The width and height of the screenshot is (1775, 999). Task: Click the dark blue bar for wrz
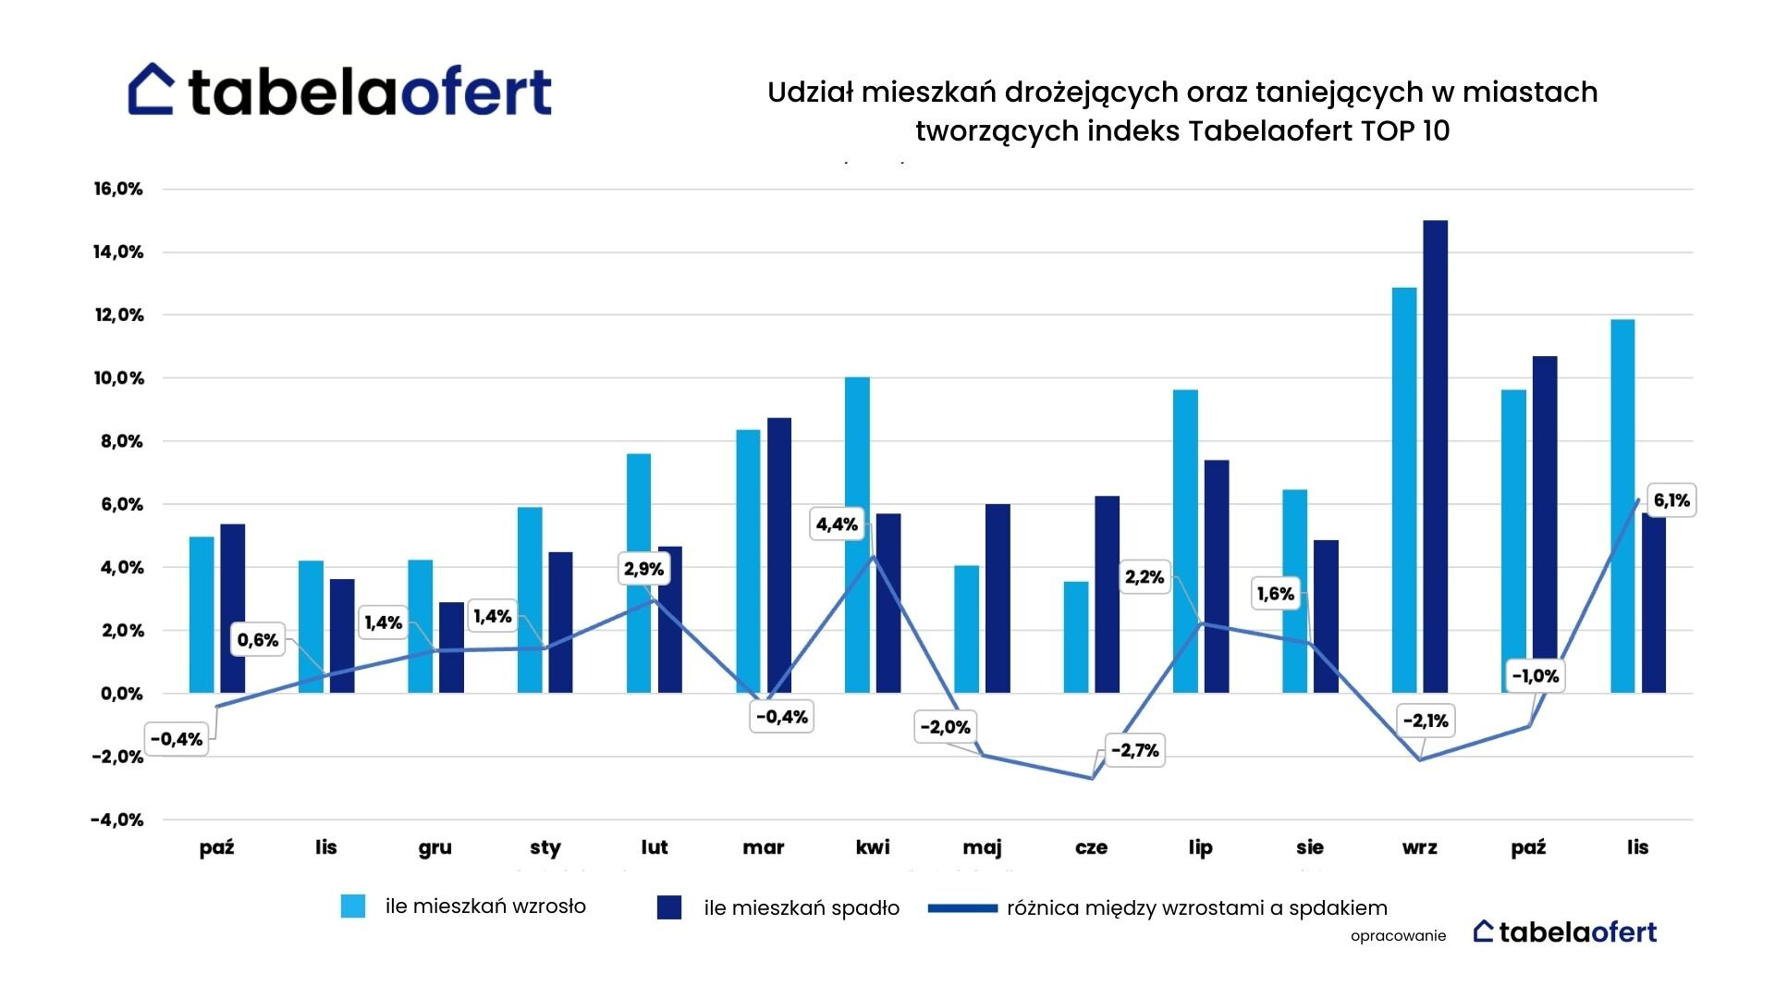[x=1436, y=457]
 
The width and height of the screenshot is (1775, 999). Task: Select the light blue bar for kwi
[x=857, y=536]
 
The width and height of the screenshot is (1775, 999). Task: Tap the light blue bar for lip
[x=1185, y=541]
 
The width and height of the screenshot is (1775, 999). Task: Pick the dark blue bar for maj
[x=998, y=598]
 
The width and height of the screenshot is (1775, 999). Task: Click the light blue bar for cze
[x=1076, y=637]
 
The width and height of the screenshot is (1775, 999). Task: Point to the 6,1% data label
[x=1671, y=500]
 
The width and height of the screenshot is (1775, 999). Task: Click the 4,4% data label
[x=837, y=524]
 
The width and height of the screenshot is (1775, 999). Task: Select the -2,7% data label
[x=1134, y=750]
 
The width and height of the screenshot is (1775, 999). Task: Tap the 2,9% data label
[x=643, y=569]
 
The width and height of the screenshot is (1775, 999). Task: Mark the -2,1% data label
[x=1426, y=721]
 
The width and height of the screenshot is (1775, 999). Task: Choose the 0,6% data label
[x=258, y=640]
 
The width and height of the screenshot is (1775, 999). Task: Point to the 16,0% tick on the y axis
[x=118, y=189]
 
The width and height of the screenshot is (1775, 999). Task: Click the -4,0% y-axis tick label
[x=117, y=820]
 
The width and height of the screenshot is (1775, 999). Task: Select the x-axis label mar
[x=764, y=847]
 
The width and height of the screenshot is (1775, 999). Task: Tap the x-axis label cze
[x=1092, y=847]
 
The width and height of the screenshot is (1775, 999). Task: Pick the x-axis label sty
[x=545, y=848]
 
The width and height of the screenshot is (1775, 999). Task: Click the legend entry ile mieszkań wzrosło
[x=463, y=906]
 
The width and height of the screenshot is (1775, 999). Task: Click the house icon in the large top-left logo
[x=151, y=89]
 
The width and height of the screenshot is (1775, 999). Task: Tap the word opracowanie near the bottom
[x=1398, y=936]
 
